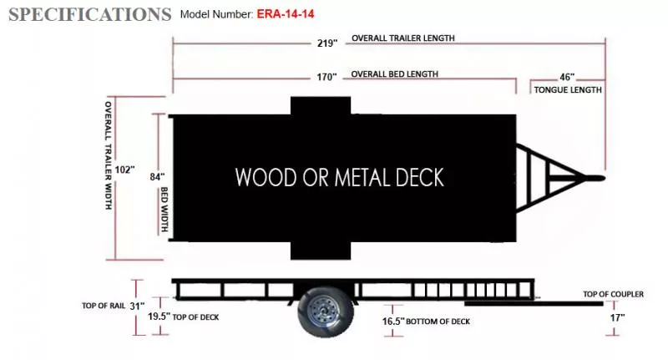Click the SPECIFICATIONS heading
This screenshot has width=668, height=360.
(x=90, y=14)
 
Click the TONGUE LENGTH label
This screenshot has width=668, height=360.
(x=568, y=89)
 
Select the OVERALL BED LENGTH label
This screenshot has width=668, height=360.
(x=394, y=74)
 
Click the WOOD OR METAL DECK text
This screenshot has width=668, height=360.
(x=339, y=177)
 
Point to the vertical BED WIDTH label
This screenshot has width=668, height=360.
(x=165, y=209)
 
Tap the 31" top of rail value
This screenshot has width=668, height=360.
(x=138, y=305)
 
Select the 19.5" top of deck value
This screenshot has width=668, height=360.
(x=159, y=317)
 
